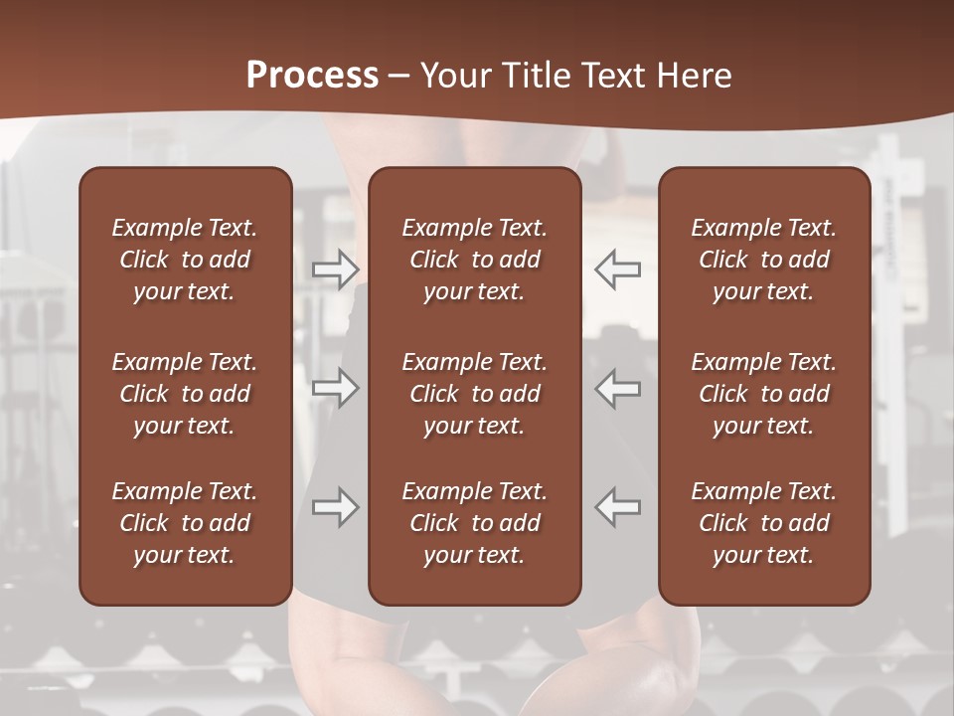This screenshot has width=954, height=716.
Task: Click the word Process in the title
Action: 312,76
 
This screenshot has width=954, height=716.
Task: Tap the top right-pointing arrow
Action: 336,269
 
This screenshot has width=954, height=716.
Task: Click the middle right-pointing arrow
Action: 336,388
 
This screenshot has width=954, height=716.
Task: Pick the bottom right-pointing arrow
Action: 336,507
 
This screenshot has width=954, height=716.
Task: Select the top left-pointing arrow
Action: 618,269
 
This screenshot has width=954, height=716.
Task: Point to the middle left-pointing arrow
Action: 618,388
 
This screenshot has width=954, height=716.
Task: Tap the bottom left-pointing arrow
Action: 618,507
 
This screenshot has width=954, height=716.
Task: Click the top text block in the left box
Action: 185,260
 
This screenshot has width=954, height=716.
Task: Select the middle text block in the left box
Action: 185,394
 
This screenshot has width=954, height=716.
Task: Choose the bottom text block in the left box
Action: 185,523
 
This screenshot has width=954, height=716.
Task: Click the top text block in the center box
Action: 475,260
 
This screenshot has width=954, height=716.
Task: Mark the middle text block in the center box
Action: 475,394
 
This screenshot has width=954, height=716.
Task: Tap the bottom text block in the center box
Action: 475,523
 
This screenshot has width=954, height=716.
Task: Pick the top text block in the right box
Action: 764,260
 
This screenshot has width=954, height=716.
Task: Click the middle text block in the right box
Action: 764,394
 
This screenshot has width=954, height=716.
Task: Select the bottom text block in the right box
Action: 764,523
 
